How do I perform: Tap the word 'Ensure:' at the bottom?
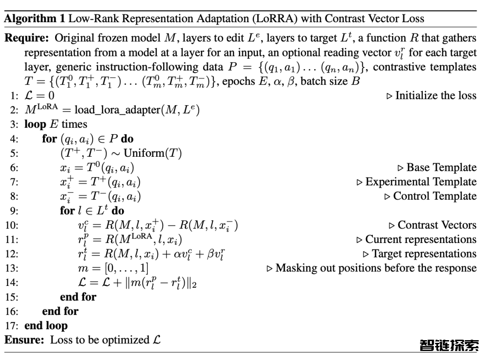tap(24, 340)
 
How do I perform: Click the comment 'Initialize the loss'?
tap(436, 95)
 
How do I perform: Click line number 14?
tap(12, 283)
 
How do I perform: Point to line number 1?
tap(14, 96)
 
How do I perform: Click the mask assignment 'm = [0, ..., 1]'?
tap(113, 268)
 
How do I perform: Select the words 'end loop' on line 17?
tap(46, 326)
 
